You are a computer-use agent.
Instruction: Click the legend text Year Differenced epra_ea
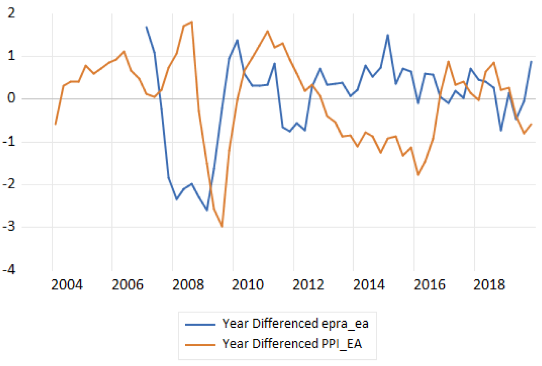(x=295, y=324)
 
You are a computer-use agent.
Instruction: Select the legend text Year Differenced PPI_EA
(x=292, y=344)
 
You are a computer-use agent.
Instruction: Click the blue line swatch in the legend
(x=201, y=324)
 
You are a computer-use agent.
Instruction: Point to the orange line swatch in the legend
(x=201, y=344)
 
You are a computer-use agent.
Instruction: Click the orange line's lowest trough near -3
(x=222, y=227)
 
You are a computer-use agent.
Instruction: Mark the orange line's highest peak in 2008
(x=192, y=22)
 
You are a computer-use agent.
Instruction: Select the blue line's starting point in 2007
(x=146, y=27)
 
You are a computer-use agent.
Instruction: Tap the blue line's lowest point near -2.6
(x=207, y=210)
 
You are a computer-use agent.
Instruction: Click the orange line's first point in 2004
(x=55, y=124)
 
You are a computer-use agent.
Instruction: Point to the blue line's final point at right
(x=531, y=61)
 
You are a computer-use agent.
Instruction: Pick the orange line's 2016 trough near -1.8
(x=418, y=175)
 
